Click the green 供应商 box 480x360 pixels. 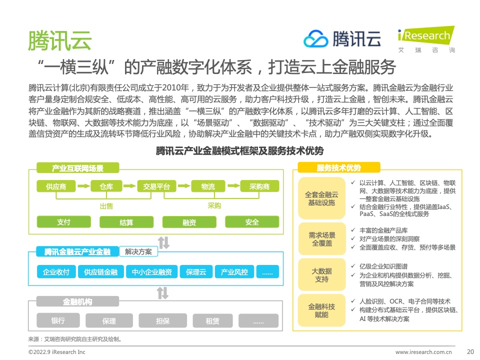[56, 186]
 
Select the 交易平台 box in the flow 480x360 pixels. [156, 186]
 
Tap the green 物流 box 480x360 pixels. [208, 186]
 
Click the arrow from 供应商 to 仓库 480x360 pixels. [83, 186]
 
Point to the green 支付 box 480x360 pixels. [63, 222]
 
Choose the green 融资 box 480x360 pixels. [189, 222]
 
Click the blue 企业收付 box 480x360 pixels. [56, 272]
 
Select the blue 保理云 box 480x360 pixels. [196, 272]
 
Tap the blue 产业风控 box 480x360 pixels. [234, 272]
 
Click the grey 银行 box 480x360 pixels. [58, 320]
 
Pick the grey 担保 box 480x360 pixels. [163, 320]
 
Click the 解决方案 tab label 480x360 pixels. [138, 251]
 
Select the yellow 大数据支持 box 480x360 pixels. [321, 275]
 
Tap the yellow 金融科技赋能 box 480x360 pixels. [321, 310]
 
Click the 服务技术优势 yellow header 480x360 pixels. [339, 167]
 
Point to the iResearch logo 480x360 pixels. [426, 39]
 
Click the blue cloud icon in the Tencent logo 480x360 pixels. [316, 39]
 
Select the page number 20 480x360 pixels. [470, 351]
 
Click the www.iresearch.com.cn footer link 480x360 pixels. [423, 352]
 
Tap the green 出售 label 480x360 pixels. [106, 206]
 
